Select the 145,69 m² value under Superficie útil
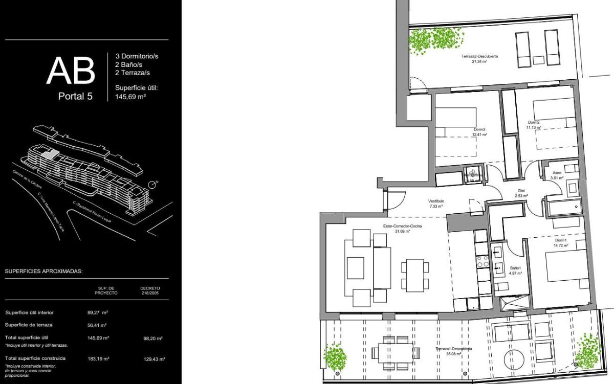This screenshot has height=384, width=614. click(131, 95)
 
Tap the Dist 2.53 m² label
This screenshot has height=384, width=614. click(522, 193)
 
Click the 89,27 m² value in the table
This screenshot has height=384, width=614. click(97, 312)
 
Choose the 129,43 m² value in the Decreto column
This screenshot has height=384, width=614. click(154, 359)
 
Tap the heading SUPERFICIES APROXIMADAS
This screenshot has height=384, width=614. click(43, 272)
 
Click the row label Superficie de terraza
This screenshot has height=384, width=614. click(29, 325)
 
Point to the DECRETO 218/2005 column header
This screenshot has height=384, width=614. click(150, 290)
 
